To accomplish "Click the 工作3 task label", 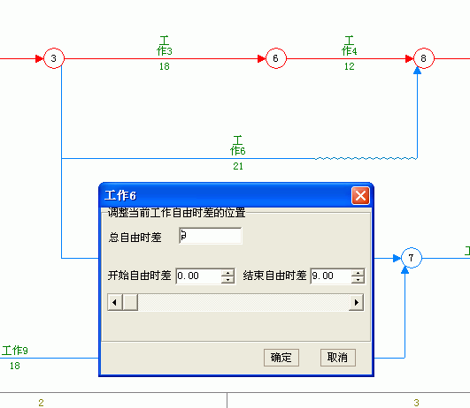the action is click(165, 46).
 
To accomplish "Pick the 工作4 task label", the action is click(350, 46).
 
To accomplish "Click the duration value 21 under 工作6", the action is click(238, 166).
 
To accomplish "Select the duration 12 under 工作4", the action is click(350, 66).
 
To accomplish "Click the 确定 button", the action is click(281, 358).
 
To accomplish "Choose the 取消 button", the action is click(338, 358).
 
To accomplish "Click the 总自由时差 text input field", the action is click(210, 236).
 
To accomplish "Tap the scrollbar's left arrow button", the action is click(115, 302).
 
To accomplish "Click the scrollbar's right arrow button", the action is click(357, 302).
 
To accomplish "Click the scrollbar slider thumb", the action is click(130, 302).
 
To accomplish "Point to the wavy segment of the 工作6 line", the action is click(366, 158).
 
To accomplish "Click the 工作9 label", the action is click(15, 351).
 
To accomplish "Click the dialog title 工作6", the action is click(120, 196).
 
